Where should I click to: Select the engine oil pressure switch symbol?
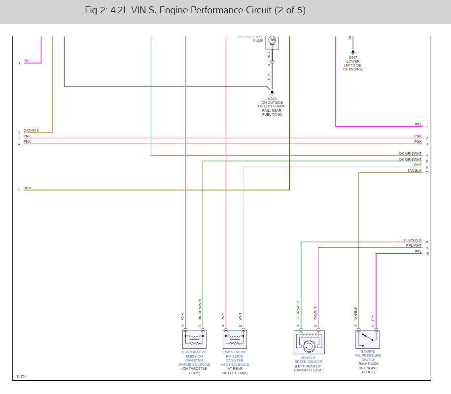click(368, 339)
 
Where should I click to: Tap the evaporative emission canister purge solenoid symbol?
click(194, 339)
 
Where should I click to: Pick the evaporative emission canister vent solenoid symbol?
click(235, 339)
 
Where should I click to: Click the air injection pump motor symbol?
click(272, 40)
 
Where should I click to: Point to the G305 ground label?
click(272, 98)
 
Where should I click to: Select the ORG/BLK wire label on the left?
click(31, 130)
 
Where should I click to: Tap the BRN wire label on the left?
click(27, 188)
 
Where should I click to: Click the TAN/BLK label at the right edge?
click(415, 171)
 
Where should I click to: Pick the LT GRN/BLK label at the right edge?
click(412, 240)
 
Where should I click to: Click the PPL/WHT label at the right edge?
click(414, 245)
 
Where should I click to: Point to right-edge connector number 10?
click(427, 253)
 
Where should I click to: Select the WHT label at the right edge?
click(417, 165)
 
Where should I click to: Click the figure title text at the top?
click(194, 10)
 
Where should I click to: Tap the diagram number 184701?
click(21, 377)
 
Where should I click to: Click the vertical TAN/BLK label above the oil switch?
click(355, 314)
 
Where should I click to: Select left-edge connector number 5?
click(19, 190)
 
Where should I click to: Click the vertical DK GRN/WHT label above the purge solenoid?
click(200, 309)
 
